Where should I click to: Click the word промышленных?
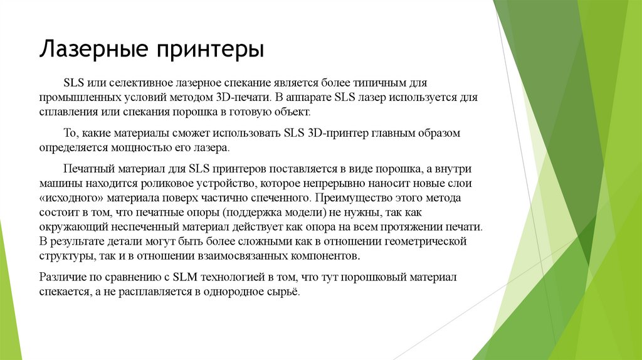[73, 98]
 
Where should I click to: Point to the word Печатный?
[87, 169]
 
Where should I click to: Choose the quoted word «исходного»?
[66, 199]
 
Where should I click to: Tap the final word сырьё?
[285, 292]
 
